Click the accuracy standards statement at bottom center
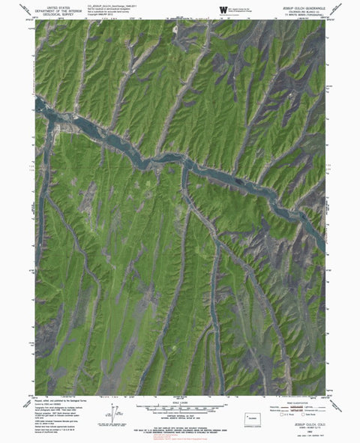(180, 429)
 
